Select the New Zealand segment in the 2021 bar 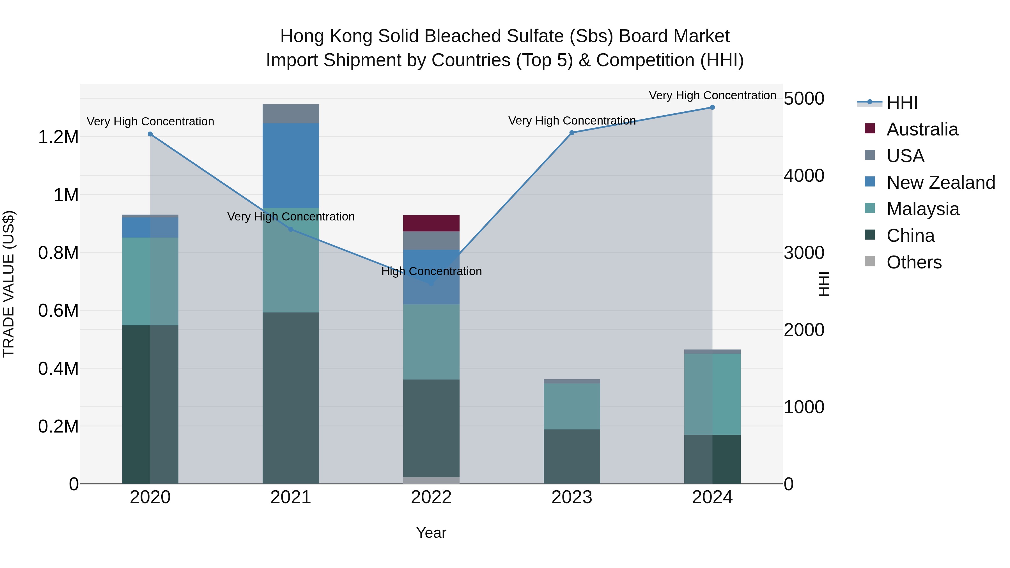point(291,165)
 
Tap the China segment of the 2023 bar point(572,456)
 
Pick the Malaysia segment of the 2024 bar point(712,394)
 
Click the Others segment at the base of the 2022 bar point(431,480)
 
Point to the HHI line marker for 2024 point(712,107)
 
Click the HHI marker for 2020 point(150,134)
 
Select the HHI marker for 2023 point(572,133)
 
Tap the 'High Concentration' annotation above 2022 point(431,271)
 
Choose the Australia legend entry point(922,129)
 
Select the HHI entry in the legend point(902,103)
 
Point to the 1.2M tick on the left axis point(58,137)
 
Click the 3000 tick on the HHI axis point(804,253)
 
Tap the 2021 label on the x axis point(291,497)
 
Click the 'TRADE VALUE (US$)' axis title point(9,284)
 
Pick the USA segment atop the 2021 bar point(291,114)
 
